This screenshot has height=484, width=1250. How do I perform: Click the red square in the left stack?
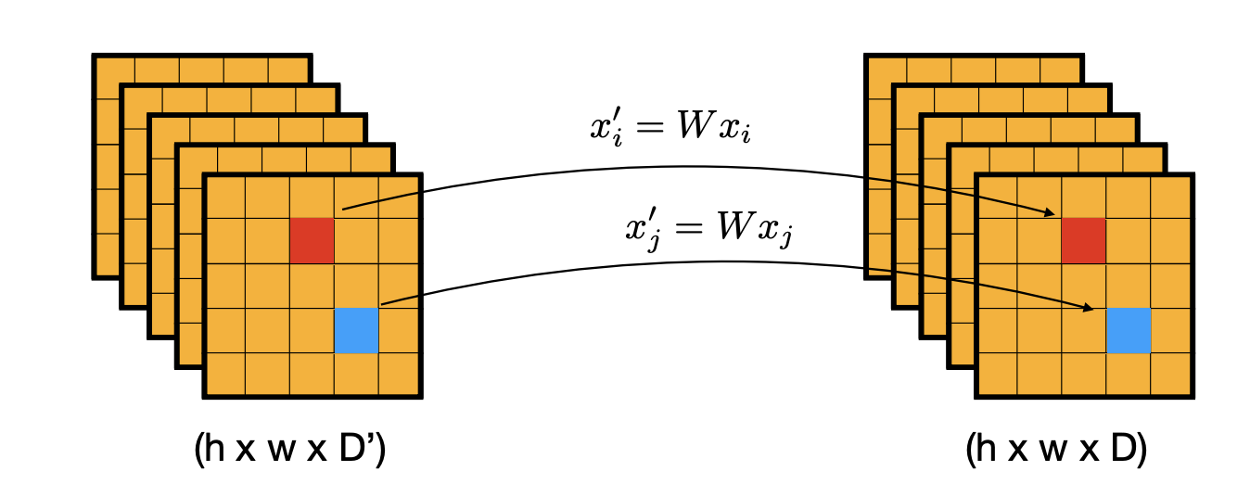pos(312,241)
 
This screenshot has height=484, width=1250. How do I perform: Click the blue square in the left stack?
pos(356,331)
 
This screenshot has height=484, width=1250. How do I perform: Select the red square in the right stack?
pos(1083,241)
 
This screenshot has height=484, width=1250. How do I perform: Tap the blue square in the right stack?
pos(1129,331)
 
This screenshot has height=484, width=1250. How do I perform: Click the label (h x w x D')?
pos(290,450)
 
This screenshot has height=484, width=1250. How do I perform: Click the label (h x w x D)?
pos(1056,450)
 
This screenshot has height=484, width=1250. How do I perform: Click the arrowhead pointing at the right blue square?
pos(1093,307)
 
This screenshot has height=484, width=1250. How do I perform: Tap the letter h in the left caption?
pos(215,450)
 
